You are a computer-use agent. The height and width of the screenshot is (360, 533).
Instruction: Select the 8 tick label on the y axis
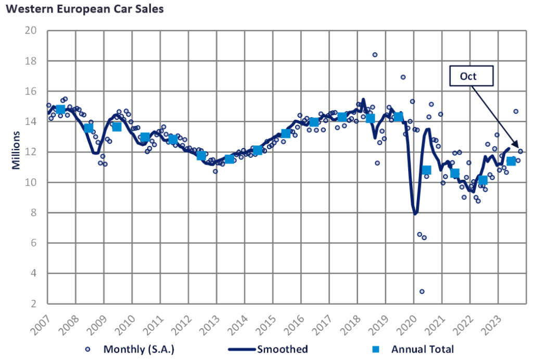coord(33,213)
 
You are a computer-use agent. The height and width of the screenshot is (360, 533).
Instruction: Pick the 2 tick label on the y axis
coord(33,304)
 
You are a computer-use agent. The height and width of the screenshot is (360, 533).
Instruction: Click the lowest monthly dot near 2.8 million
coord(422,291)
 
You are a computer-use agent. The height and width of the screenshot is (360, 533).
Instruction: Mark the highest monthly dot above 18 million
coord(375,55)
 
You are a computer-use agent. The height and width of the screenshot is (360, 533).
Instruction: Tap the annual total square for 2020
coord(426,170)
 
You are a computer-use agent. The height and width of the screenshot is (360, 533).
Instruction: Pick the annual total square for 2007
coord(60,109)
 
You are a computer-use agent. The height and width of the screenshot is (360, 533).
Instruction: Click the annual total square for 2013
coord(229,159)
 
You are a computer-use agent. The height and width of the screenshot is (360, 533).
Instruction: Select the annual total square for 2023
coord(511,161)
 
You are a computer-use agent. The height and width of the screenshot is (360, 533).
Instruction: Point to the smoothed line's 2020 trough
coord(415,214)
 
